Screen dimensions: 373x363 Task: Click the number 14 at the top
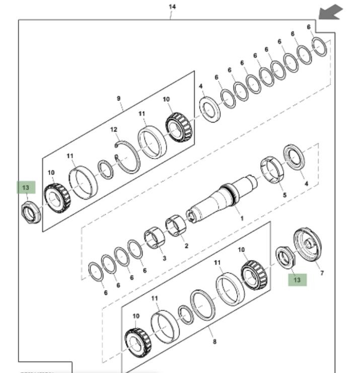(172, 7)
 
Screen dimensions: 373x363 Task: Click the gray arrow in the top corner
(330, 12)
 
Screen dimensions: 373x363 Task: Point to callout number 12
(114, 130)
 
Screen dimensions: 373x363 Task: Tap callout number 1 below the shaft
(242, 219)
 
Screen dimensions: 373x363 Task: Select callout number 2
(186, 246)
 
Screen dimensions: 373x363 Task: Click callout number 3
(164, 259)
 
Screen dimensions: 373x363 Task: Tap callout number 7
(322, 273)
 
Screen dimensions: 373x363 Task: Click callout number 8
(215, 342)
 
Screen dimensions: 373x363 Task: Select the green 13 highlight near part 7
(297, 279)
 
